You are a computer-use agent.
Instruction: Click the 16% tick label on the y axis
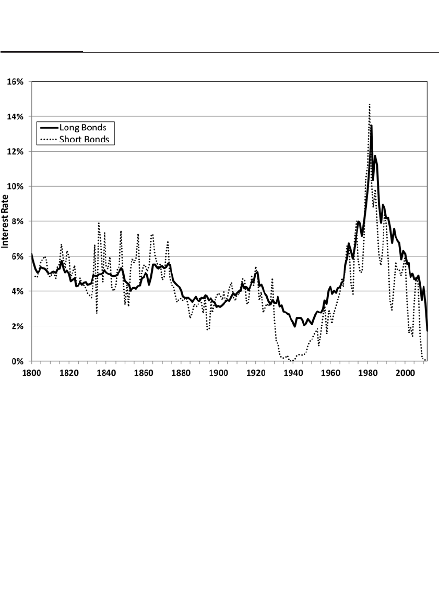coord(15,81)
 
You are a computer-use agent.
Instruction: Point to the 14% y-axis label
coord(15,116)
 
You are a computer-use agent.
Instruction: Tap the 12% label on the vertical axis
coord(15,151)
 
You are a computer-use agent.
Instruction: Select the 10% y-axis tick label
coord(15,186)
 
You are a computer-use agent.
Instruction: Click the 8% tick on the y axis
coord(17,221)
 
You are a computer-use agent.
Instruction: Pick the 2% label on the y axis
coord(17,326)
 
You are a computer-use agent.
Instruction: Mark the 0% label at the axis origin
coord(17,361)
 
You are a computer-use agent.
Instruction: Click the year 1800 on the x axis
coord(32,373)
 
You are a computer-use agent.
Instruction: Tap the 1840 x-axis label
coord(106,373)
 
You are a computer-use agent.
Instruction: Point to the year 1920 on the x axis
coord(256,373)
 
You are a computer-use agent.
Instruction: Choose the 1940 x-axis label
coord(293,373)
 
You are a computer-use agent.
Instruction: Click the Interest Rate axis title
coord(6,221)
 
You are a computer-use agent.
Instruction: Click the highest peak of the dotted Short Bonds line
coord(369,104)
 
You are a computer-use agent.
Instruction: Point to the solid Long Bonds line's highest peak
coord(371,125)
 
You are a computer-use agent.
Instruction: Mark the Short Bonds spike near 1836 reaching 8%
coord(99,223)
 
